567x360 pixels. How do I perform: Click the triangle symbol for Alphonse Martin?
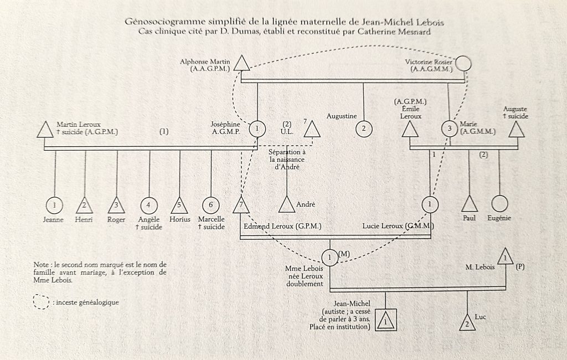point(241,64)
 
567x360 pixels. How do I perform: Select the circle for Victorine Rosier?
point(463,64)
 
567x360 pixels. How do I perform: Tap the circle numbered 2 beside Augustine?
point(364,128)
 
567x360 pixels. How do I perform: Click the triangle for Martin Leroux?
point(45,130)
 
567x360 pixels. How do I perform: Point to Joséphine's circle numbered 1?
point(257,128)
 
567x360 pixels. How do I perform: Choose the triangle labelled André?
point(287,205)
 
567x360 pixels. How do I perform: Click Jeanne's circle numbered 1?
point(55,205)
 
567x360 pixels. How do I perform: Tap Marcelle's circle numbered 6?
point(211,205)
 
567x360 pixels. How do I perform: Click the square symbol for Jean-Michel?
point(385,320)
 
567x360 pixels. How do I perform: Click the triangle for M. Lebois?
point(506,256)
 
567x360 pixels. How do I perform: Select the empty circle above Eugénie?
point(499,204)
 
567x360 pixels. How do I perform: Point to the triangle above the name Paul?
point(470,204)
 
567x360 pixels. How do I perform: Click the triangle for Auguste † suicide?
point(517,130)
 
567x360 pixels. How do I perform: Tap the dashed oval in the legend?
point(41,302)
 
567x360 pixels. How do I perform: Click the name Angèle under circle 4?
point(149,220)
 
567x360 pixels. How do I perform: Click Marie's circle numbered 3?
point(450,128)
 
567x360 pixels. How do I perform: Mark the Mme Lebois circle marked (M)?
point(330,258)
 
